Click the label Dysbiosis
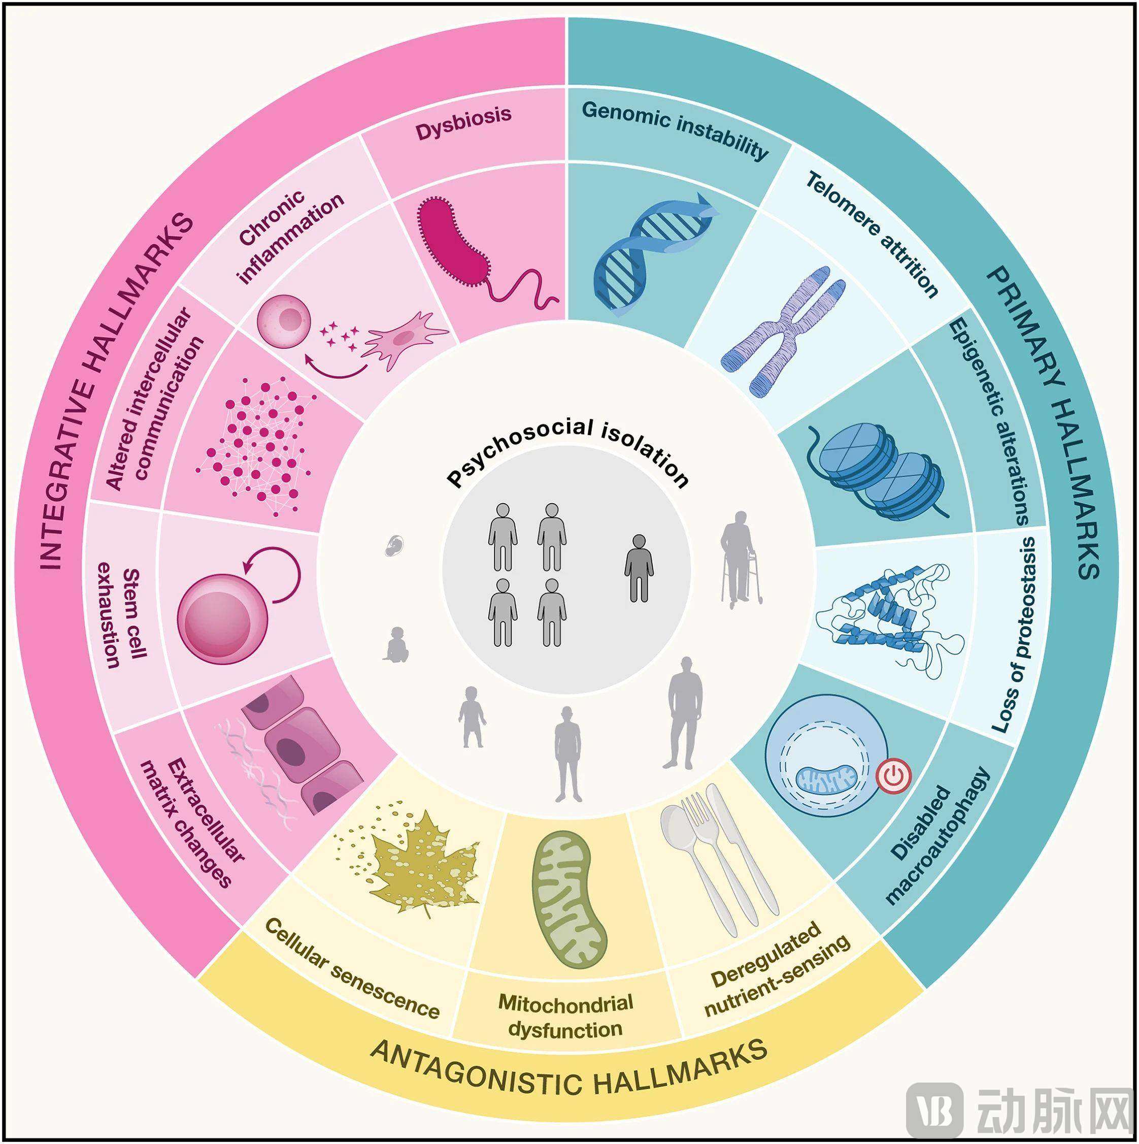pos(463,122)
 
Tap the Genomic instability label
pos(676,129)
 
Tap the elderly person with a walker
pos(740,560)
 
